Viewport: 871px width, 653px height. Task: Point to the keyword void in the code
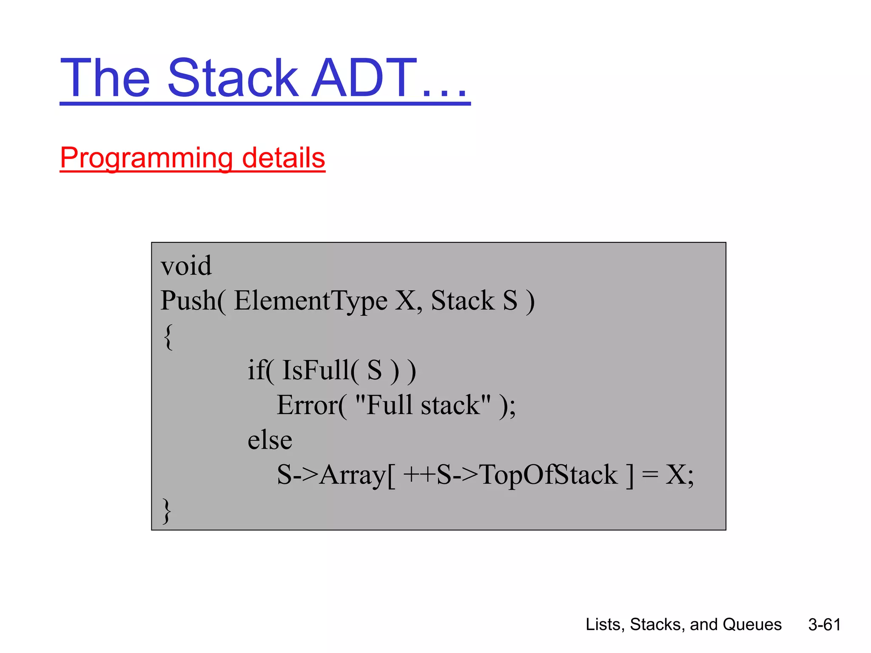pyautogui.click(x=186, y=266)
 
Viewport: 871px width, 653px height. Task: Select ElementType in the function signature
pyautogui.click(x=310, y=301)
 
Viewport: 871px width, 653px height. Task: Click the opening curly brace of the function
pyautogui.click(x=168, y=336)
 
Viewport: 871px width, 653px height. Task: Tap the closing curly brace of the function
pyautogui.click(x=167, y=510)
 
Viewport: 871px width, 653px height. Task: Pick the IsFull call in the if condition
pyautogui.click(x=316, y=370)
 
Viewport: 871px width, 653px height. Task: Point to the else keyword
pyautogui.click(x=270, y=440)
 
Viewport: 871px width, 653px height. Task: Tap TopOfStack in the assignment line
pyautogui.click(x=548, y=474)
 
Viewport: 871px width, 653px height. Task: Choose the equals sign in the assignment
pyautogui.click(x=650, y=474)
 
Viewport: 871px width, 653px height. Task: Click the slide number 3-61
pyautogui.click(x=824, y=625)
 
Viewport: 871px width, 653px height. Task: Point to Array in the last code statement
pyautogui.click(x=352, y=475)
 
